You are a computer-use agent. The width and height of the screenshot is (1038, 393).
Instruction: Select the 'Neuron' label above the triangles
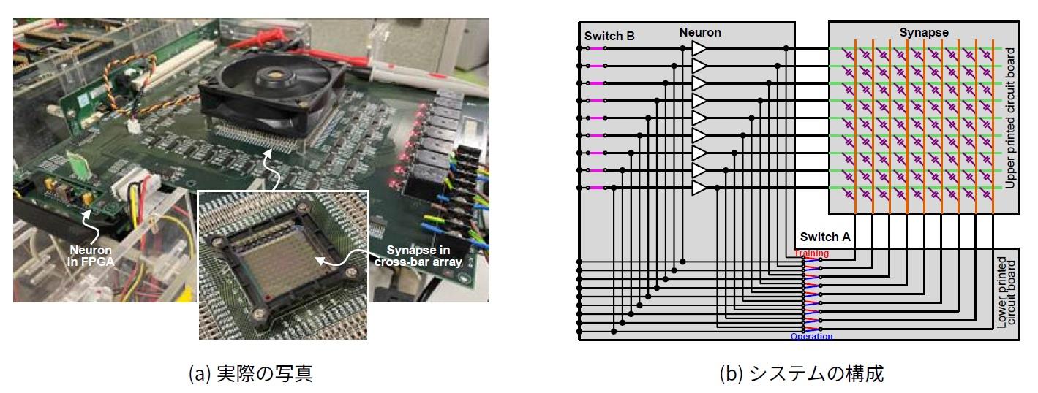tap(700, 32)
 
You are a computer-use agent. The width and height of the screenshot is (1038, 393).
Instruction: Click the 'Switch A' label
tap(824, 237)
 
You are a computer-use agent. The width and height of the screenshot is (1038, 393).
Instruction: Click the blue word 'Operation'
tap(811, 337)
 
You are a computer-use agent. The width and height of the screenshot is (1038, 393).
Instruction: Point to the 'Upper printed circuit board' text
tap(1010, 118)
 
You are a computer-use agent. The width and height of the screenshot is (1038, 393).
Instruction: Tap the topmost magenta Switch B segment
tap(597, 48)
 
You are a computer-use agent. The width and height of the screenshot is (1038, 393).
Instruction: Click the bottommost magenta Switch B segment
tap(597, 188)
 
